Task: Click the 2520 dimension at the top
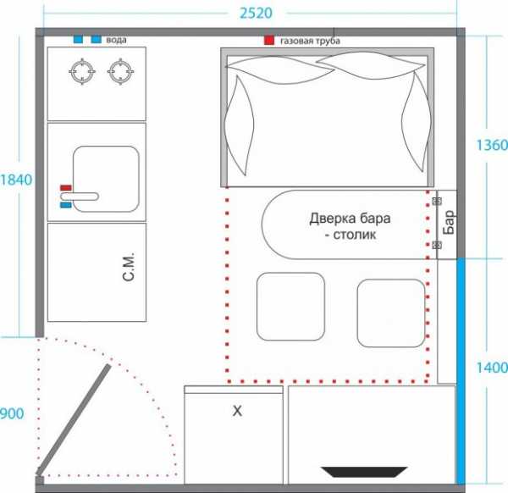pos(256,13)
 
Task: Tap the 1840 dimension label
pos(16,180)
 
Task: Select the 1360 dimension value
pos(492,145)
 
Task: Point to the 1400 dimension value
pos(492,368)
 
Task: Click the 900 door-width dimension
pos(12,413)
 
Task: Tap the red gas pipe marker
pos(269,40)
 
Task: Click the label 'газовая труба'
pos(310,41)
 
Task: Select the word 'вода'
pos(116,40)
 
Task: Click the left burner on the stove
pos(82,71)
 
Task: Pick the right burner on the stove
pos(121,71)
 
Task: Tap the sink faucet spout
pos(80,197)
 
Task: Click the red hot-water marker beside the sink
pos(66,188)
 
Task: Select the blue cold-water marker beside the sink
pos(66,205)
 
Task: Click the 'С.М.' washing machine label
pos(129,267)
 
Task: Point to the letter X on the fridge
pos(237,411)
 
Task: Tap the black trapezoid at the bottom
pos(364,472)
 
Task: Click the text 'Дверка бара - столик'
pos(350,226)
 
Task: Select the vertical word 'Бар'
pos(449,222)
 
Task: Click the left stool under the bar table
pos(290,307)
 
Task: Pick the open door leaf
pos(73,419)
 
